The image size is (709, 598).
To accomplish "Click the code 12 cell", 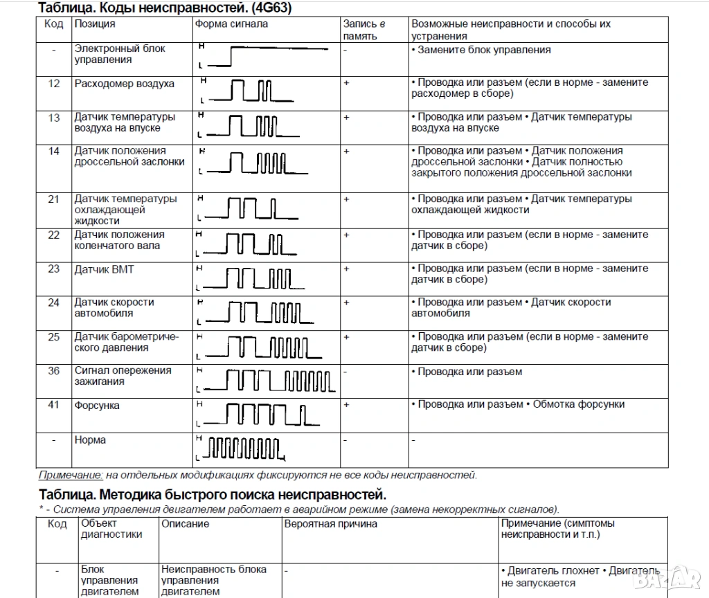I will click(54, 84).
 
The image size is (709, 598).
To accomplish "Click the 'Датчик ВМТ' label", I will click(104, 269).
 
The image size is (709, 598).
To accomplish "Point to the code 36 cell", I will click(54, 370).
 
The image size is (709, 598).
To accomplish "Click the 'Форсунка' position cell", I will click(96, 406).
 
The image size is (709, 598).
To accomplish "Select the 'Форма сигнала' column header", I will click(231, 24).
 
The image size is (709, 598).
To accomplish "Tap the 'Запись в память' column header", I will click(364, 29).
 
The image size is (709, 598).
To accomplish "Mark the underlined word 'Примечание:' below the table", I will click(70, 475).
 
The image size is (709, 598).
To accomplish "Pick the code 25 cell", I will click(54, 337).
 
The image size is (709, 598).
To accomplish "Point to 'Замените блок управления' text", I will click(484, 50).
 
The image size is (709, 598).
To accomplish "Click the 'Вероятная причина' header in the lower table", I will click(330, 524).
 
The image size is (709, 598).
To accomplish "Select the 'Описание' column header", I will click(185, 524).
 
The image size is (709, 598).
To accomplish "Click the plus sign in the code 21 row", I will click(347, 199).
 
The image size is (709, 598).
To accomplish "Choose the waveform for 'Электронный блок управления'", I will click(267, 56).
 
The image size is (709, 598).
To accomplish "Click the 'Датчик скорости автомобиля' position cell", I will click(114, 308).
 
